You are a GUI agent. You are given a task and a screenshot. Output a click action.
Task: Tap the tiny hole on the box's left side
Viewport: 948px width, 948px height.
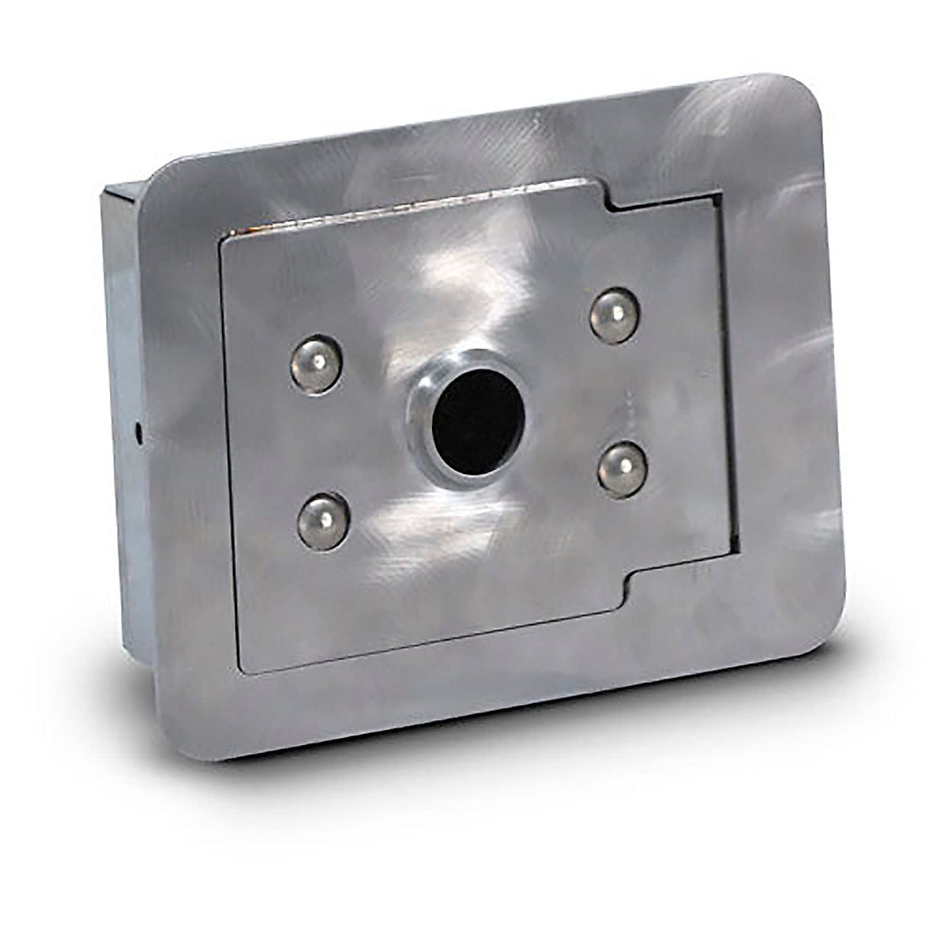139,431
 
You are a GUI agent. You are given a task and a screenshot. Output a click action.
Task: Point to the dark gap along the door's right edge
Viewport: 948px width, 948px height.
730,371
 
